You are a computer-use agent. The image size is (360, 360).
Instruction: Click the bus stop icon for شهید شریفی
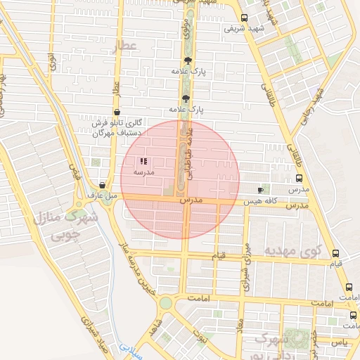tap(244, 18)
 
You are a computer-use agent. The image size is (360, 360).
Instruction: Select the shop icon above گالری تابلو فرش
tap(116, 112)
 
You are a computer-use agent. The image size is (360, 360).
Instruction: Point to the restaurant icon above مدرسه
tap(143, 161)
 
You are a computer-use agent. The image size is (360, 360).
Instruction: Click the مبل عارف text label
tap(101, 195)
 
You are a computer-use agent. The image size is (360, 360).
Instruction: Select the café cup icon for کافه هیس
tap(261, 190)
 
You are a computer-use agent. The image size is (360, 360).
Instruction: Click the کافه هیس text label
tap(259, 201)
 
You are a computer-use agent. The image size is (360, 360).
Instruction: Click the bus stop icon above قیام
tap(335, 254)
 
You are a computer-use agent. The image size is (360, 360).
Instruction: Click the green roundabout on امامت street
tap(165, 303)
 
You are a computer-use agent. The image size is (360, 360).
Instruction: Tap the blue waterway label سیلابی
tap(130, 348)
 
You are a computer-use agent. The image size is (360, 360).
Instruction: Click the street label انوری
tap(51, 62)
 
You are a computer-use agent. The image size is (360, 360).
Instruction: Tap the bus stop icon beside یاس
tap(353, 316)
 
